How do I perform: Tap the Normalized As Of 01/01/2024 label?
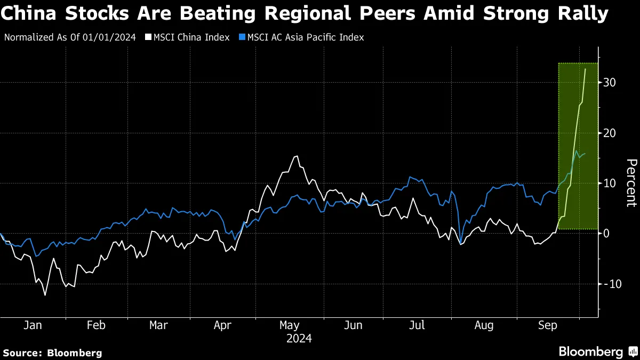(x=70, y=37)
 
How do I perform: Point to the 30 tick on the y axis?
(x=610, y=83)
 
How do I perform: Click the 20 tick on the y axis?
(x=610, y=133)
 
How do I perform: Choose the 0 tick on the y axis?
(x=606, y=233)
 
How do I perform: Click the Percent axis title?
(x=631, y=182)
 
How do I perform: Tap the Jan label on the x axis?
(x=33, y=325)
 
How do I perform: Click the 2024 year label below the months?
(x=299, y=339)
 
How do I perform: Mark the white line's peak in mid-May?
(x=297, y=156)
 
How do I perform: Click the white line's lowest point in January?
(x=45, y=295)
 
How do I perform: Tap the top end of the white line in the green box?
(x=586, y=69)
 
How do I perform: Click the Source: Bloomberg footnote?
(x=52, y=353)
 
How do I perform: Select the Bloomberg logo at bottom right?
(x=597, y=352)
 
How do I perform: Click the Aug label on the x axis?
(x=484, y=325)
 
